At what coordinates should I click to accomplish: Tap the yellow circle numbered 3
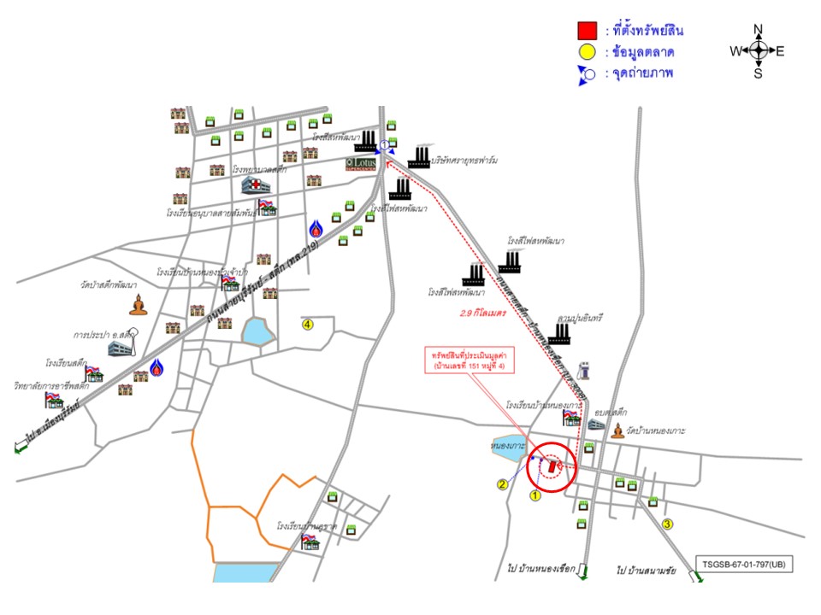tap(668, 524)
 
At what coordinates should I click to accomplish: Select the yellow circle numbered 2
tap(503, 484)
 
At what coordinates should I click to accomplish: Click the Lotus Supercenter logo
tap(366, 162)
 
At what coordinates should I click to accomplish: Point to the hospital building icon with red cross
tap(252, 185)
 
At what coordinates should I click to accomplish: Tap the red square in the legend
tap(586, 32)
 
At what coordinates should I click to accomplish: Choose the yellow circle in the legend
tap(586, 53)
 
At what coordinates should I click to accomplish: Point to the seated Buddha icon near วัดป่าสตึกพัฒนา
tap(138, 303)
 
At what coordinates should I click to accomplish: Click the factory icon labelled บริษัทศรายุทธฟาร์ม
tap(419, 156)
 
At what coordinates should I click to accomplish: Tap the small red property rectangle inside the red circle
tap(552, 467)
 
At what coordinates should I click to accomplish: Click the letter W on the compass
tap(735, 51)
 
